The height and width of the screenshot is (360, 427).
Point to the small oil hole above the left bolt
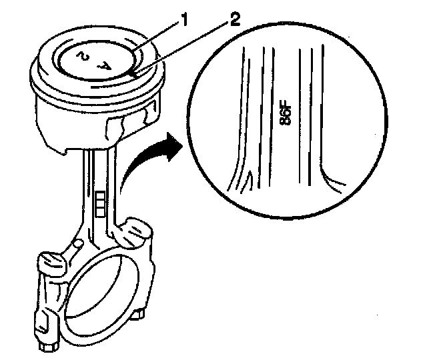point(79,244)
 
